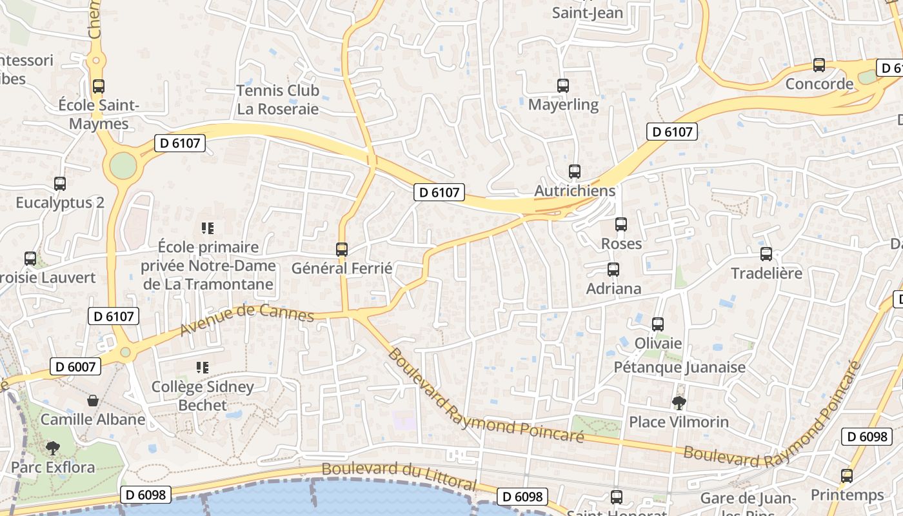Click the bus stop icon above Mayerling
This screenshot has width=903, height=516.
click(x=562, y=85)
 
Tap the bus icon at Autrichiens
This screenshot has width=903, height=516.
click(x=575, y=172)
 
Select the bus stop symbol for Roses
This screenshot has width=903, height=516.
click(x=621, y=224)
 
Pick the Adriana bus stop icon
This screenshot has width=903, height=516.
click(x=613, y=270)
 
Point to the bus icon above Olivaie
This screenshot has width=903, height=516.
click(x=658, y=324)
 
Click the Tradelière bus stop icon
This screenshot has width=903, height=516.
click(x=766, y=254)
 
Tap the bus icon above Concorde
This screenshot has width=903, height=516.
click(x=819, y=65)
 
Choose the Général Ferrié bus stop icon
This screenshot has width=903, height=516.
click(x=342, y=249)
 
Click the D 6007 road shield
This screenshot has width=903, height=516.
click(x=75, y=367)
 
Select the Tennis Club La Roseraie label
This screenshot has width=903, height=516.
click(x=278, y=99)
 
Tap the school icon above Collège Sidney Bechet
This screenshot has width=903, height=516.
click(x=203, y=368)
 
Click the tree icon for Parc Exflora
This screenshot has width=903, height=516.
click(x=53, y=448)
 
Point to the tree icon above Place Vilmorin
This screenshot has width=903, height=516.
click(x=679, y=403)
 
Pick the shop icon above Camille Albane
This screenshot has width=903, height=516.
click(x=93, y=401)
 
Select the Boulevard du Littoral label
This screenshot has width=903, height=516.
click(x=399, y=476)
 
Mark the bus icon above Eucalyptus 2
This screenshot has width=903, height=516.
click(x=60, y=184)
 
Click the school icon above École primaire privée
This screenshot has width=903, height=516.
click(x=208, y=228)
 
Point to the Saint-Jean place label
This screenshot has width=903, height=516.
click(x=588, y=12)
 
